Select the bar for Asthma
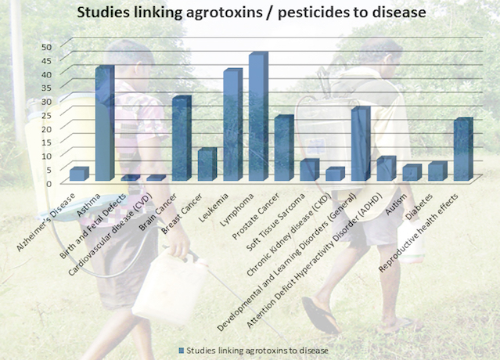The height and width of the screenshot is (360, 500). click(105, 123)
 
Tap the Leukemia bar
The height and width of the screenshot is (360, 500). click(232, 124)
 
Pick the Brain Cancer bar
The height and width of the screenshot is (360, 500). click(182, 139)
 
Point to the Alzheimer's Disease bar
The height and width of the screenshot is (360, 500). click(79, 174)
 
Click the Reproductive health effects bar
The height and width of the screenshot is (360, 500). click(463, 149)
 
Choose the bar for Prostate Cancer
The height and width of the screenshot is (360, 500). click(284, 148)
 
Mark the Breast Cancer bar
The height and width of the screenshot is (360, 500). click(207, 164)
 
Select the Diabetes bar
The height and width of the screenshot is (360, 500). click(438, 171)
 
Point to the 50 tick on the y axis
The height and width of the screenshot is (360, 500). click(46, 47)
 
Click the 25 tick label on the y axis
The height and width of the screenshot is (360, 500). click(46, 115)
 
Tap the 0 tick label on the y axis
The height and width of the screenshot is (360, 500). click(49, 184)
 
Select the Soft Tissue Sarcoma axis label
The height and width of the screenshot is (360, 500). click(277, 221)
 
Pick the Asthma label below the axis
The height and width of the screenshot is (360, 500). click(89, 205)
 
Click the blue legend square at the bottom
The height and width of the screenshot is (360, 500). click(182, 351)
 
